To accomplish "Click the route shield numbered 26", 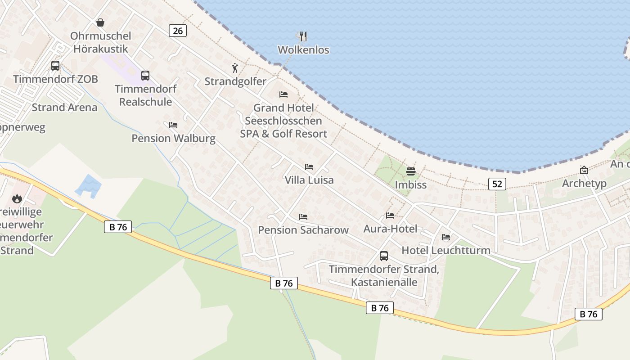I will click(x=178, y=31).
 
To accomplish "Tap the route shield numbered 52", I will click(x=497, y=184).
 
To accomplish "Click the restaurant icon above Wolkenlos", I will click(x=303, y=36).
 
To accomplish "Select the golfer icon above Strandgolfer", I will click(x=235, y=68).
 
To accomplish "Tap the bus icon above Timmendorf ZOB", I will click(x=55, y=66).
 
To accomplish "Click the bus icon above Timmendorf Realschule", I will click(x=145, y=76).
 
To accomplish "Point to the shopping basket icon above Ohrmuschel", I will click(x=100, y=22).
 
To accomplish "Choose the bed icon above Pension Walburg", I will click(x=173, y=125).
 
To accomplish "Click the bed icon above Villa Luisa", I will click(x=309, y=167).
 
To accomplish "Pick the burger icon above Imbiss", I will click(x=410, y=171).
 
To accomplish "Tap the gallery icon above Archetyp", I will click(x=584, y=170).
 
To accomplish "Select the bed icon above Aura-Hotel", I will click(x=390, y=216).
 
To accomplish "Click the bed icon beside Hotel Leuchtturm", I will click(x=446, y=237).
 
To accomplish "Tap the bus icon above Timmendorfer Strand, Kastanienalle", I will click(x=384, y=256).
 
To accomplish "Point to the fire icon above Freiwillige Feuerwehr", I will click(x=17, y=198).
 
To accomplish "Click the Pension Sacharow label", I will click(x=303, y=230).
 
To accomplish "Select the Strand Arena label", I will click(x=64, y=108).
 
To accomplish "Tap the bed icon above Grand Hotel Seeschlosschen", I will click(x=283, y=94).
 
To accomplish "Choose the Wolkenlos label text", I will click(x=303, y=50).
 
